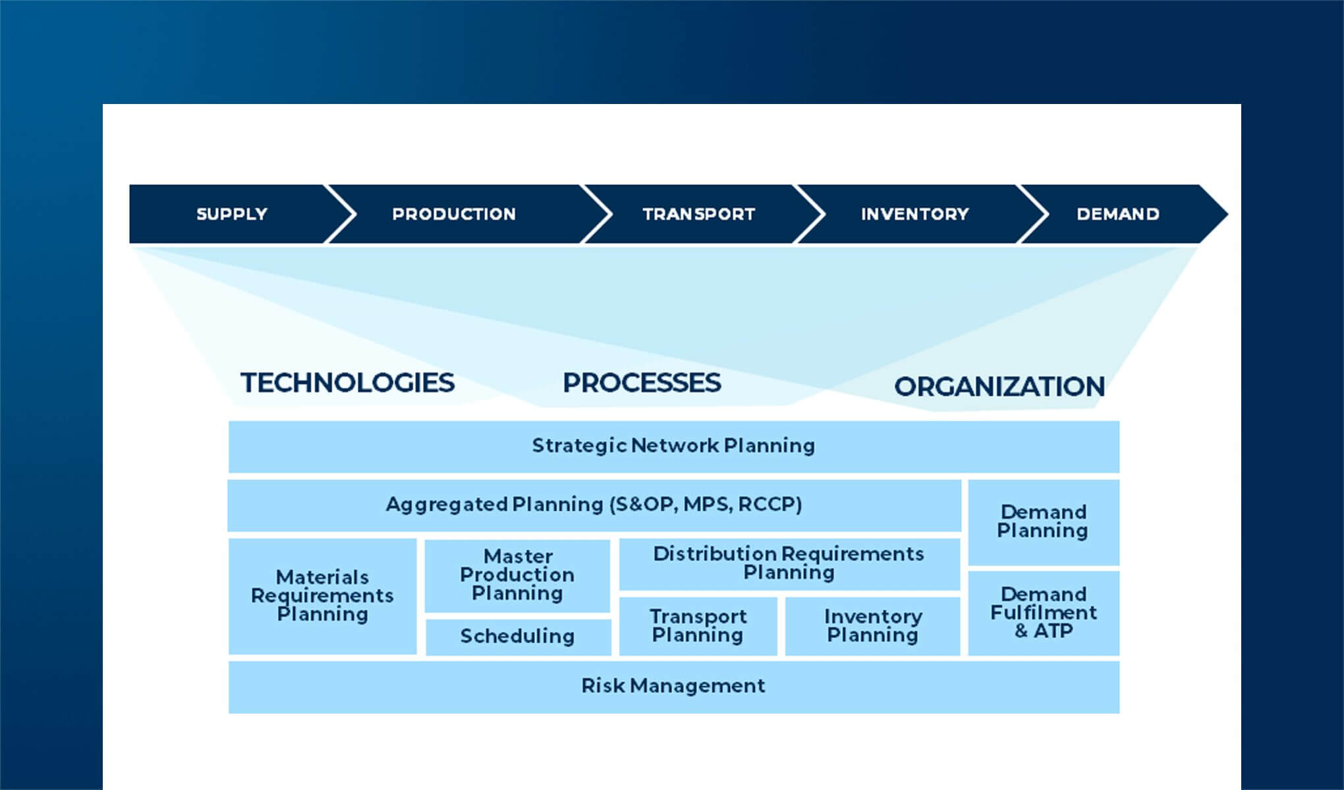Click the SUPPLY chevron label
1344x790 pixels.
click(231, 214)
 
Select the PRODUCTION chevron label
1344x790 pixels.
click(453, 214)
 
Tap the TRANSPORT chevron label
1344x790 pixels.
click(698, 214)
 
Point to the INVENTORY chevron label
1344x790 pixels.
click(914, 214)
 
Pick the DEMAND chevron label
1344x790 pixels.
click(1117, 214)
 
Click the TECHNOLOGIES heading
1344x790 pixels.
click(347, 382)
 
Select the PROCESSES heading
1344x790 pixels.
click(642, 382)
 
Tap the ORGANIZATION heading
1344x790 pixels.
click(999, 386)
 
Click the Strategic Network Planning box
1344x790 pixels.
click(673, 446)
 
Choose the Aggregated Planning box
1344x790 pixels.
click(594, 505)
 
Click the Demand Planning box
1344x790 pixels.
click(1043, 521)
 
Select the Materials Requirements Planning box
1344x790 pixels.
click(322, 596)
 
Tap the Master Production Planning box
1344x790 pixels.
click(517, 575)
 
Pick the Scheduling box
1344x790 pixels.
click(517, 637)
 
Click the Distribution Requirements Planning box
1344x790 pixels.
click(789, 564)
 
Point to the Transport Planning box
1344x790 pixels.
click(698, 626)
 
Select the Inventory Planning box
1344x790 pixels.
click(872, 626)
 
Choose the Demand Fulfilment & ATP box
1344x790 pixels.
click(1044, 613)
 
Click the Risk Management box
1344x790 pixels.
click(673, 687)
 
